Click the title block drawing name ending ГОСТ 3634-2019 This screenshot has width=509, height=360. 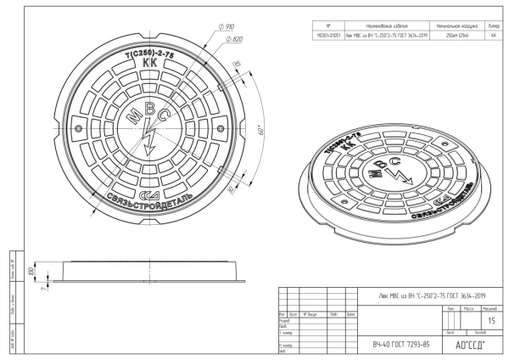point(430,295)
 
